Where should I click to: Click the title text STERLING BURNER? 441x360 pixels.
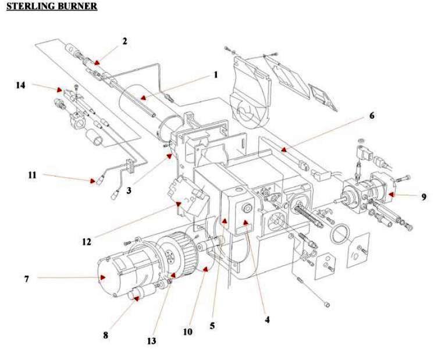coord(52,7)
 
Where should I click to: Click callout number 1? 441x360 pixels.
coord(215,74)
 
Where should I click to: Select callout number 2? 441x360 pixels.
coord(125,41)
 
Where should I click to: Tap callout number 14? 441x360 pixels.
coord(21,85)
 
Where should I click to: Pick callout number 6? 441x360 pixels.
coord(371,116)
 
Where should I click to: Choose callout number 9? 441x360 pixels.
coord(424,197)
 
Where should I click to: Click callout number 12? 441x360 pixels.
coord(87,241)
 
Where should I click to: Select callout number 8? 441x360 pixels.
coord(105,335)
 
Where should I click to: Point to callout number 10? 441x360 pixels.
coord(187,332)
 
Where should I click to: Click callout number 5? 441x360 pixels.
coord(212,326)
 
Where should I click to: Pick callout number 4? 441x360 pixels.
coord(267,319)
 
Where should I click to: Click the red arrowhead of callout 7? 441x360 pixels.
coord(103,277)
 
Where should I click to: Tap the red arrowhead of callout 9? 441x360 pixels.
coord(392,194)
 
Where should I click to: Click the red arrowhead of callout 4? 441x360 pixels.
coord(246,223)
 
